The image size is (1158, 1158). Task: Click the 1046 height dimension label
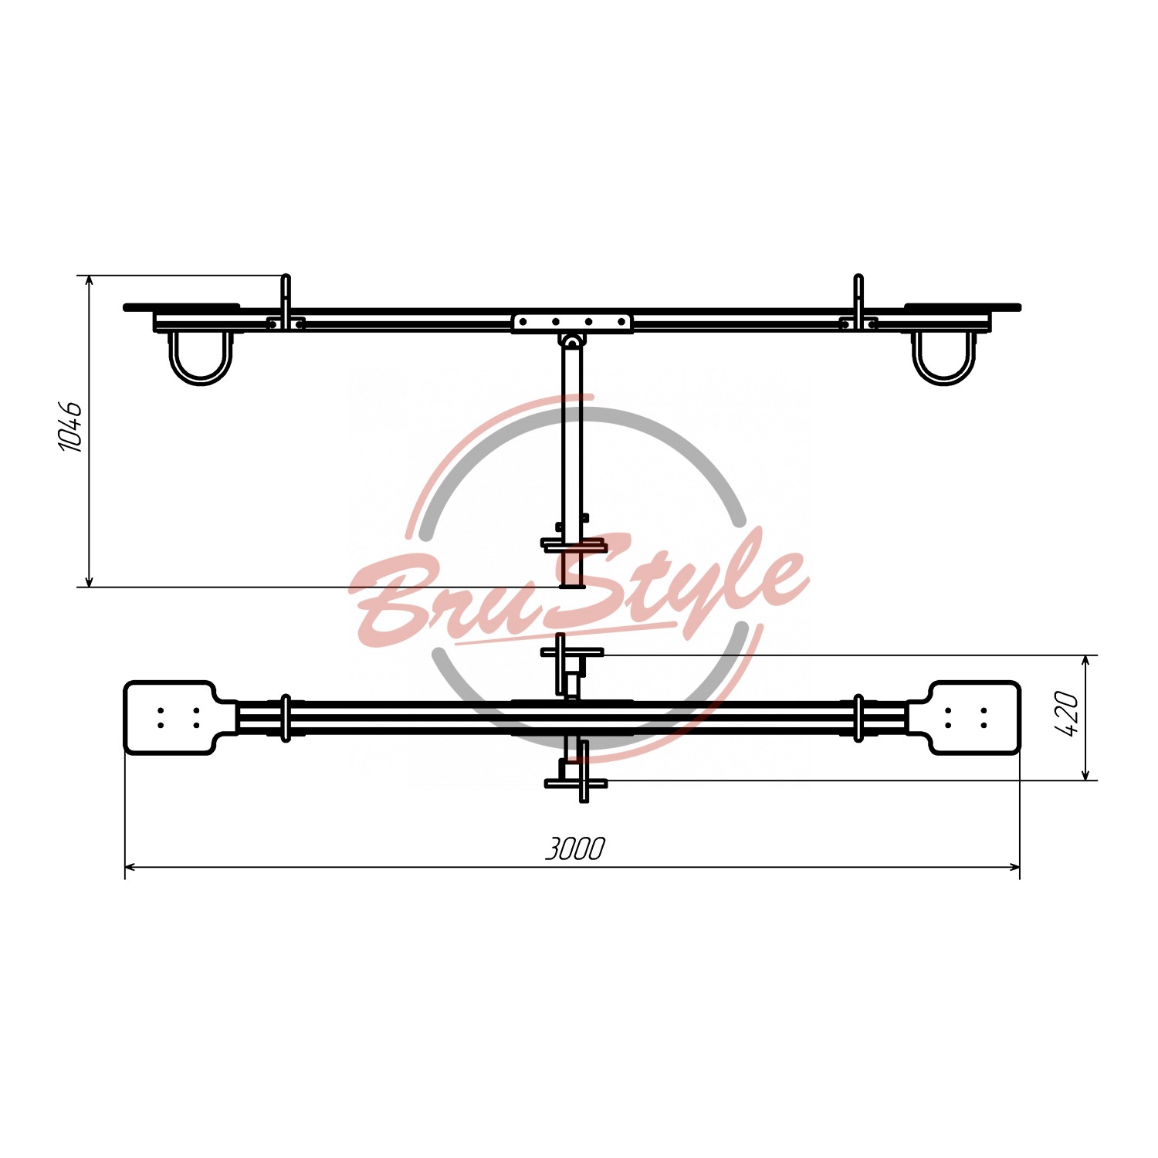pyautogui.click(x=70, y=426)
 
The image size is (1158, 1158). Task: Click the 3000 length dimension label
pyautogui.click(x=575, y=848)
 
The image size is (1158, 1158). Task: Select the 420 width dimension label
pyautogui.click(x=1066, y=714)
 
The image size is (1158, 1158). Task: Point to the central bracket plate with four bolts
pyautogui.click(x=572, y=322)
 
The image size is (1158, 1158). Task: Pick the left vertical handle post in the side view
pyautogui.click(x=286, y=302)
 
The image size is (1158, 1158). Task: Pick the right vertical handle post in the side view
pyautogui.click(x=858, y=302)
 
